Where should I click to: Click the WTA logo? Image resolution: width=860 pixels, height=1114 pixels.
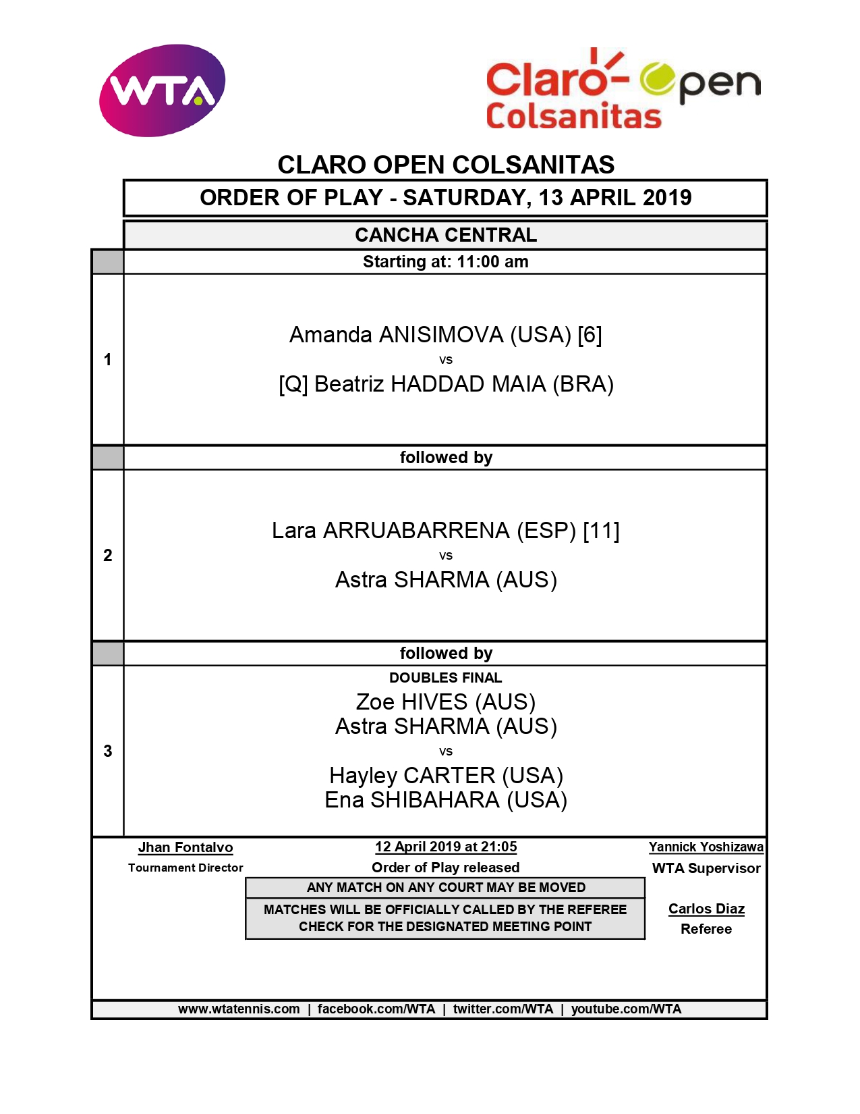point(162,90)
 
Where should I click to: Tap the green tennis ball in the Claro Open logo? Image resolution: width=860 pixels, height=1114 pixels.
point(658,79)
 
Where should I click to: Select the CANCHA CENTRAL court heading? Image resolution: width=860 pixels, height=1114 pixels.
point(445,235)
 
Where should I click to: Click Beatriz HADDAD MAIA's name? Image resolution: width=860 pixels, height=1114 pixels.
point(430,384)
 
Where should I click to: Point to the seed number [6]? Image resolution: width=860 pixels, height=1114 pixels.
point(590,335)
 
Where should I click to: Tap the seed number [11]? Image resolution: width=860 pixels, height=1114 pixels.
point(601,531)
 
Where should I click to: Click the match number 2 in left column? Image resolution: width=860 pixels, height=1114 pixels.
point(108,555)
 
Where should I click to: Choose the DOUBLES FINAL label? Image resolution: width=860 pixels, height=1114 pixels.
point(445,678)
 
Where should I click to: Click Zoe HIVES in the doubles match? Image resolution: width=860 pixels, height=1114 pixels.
point(412,702)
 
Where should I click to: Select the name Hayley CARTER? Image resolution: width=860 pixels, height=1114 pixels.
point(412,776)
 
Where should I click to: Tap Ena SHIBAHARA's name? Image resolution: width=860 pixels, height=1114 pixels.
point(412,800)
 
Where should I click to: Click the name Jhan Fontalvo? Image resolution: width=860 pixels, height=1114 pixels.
point(185,847)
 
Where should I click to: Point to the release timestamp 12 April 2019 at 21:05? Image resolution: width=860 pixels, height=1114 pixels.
point(446,847)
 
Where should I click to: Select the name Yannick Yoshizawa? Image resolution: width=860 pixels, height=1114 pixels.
point(706,847)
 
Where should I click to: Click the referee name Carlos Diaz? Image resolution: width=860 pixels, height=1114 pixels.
point(706,909)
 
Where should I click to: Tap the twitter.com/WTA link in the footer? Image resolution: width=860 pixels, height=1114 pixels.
point(503,1009)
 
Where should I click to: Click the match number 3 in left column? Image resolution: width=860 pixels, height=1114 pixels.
point(108,751)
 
